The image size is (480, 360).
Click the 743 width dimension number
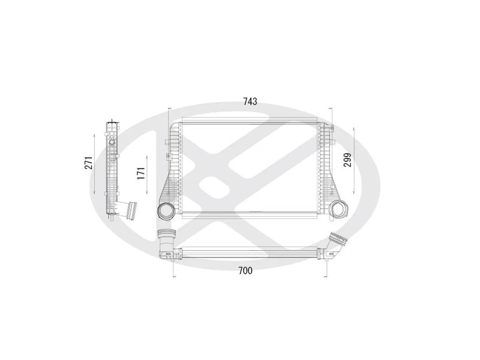[250, 101]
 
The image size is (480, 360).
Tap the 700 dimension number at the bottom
[244, 271]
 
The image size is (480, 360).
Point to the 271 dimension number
[88, 163]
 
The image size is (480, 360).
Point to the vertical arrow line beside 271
[96, 163]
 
